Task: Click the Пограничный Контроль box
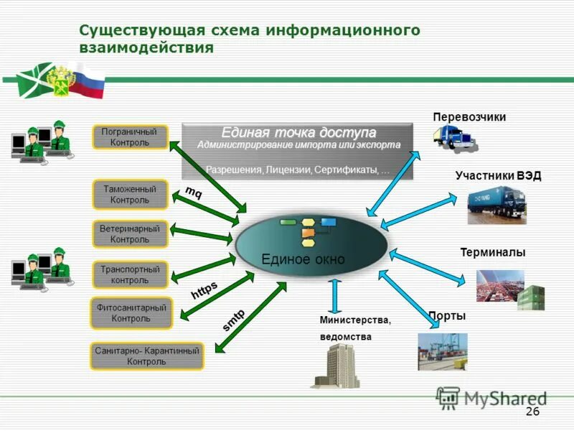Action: point(130,137)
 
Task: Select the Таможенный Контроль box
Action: point(130,194)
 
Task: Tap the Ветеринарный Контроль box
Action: point(130,233)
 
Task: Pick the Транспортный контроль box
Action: point(130,274)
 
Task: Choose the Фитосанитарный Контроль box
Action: point(131,312)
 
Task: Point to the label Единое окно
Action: point(303,259)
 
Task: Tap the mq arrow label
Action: point(194,193)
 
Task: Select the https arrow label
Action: point(204,290)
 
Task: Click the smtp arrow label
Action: point(233,319)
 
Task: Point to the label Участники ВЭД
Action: point(497,175)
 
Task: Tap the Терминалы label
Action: point(492,252)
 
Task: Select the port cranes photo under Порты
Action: point(443,351)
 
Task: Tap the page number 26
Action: point(532,411)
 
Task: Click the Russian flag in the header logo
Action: point(91,79)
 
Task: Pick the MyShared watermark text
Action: point(505,397)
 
